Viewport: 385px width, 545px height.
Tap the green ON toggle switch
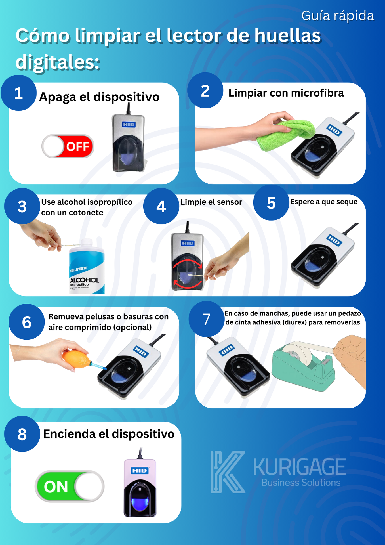(70, 486)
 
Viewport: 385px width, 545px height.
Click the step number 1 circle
(19, 93)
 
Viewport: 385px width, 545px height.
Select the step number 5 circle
(271, 203)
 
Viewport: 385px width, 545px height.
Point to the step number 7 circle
(206, 319)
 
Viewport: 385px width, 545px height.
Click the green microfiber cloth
(285, 135)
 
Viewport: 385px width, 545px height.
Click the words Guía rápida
(337, 16)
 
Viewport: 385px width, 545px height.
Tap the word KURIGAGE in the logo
(299, 467)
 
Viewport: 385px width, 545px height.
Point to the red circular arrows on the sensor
(188, 274)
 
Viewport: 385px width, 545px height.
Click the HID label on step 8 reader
(140, 471)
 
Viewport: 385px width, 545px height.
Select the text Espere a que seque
(323, 202)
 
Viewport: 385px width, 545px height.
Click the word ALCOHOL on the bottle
(85, 280)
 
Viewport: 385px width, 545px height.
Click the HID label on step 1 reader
(129, 125)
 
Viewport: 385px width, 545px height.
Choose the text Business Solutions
(301, 483)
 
